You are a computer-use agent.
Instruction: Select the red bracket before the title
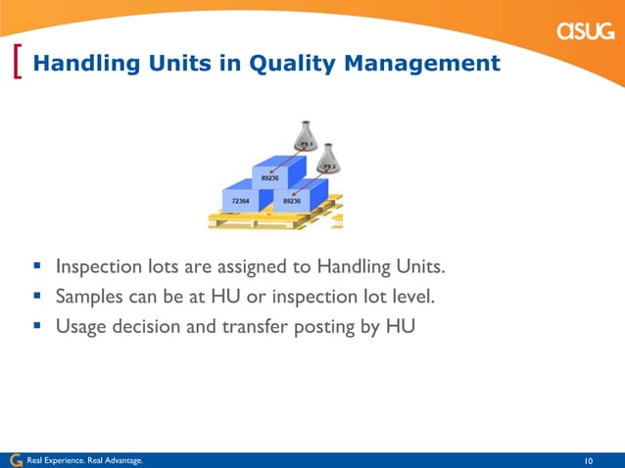tap(21, 63)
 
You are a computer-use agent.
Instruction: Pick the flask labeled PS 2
tap(331, 163)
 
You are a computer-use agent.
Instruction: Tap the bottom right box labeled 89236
tap(295, 201)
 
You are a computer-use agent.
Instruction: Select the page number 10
tap(589, 460)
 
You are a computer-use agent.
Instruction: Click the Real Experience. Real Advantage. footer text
tap(84, 460)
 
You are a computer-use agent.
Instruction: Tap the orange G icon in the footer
tap(15, 460)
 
